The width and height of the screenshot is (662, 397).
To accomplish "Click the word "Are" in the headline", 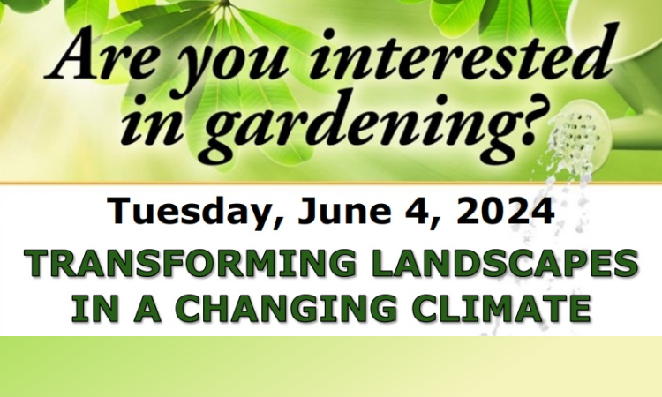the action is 103,54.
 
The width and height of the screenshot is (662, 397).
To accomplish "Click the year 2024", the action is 506,211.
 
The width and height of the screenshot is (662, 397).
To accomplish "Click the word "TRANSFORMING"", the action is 190,263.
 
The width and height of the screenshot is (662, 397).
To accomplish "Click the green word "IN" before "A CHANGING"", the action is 94,309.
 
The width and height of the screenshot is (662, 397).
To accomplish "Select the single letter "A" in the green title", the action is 147,309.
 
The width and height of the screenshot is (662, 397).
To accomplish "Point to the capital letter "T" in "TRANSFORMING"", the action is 39,263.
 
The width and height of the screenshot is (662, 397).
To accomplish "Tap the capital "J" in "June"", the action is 307,212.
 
